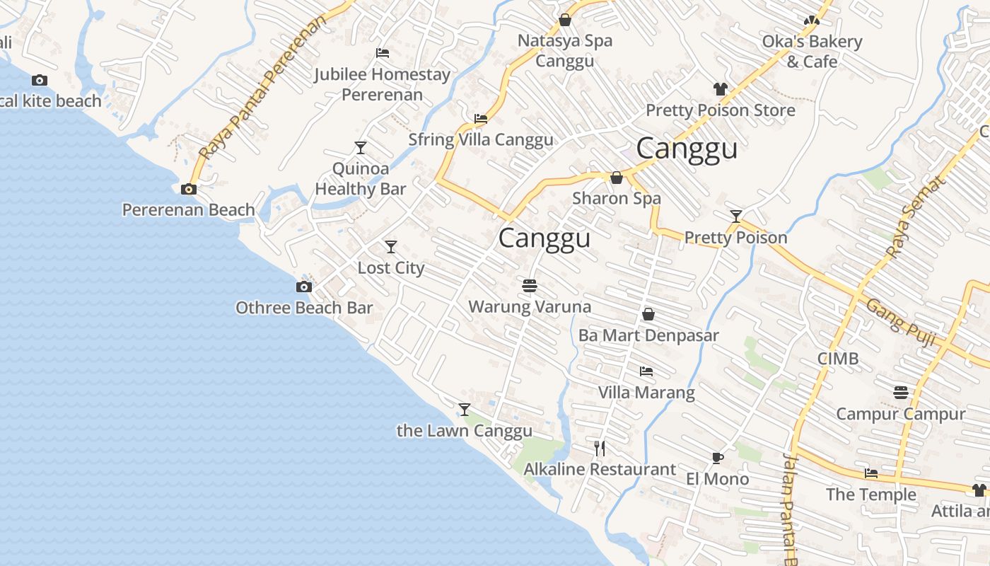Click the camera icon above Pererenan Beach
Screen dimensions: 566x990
click(189, 189)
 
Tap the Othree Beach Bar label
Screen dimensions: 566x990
click(304, 308)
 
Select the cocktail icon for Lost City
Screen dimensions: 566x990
click(391, 247)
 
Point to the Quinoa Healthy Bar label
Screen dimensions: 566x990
click(361, 179)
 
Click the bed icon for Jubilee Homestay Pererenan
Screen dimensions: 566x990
click(382, 53)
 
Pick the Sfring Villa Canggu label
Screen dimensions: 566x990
click(481, 139)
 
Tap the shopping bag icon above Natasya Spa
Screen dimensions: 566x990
click(565, 20)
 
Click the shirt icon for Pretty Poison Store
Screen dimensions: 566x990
click(721, 89)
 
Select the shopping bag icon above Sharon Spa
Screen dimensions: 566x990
click(617, 178)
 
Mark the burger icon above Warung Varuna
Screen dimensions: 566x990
click(530, 286)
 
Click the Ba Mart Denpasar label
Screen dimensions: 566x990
click(648, 335)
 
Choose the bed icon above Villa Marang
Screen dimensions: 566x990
click(646, 371)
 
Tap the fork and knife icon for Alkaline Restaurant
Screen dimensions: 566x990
click(600, 448)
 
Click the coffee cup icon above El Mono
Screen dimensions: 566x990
click(718, 458)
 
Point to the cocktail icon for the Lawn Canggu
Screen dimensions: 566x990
click(465, 410)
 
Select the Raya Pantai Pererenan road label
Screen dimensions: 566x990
click(263, 88)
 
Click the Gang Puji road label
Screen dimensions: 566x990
click(901, 322)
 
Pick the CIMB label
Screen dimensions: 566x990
click(838, 359)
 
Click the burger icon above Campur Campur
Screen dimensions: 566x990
click(901, 392)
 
